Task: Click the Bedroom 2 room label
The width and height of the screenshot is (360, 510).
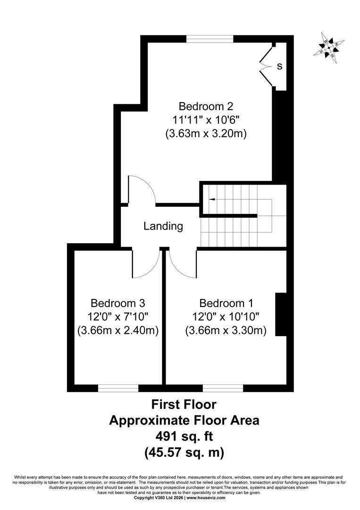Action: tap(206, 106)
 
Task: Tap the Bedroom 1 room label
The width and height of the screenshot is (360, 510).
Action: tap(226, 303)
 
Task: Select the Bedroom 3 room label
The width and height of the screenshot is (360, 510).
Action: tap(117, 303)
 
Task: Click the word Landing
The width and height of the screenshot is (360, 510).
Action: tap(163, 226)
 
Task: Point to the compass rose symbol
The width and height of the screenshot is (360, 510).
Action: tap(329, 48)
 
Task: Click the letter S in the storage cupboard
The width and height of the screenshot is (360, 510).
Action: tap(279, 67)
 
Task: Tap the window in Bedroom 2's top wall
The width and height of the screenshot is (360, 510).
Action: tap(210, 39)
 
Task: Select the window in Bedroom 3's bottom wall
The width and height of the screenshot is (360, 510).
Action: tap(118, 388)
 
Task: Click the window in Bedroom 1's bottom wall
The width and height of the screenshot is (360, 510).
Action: tap(223, 388)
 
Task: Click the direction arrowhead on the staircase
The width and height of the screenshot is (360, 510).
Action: tap(212, 199)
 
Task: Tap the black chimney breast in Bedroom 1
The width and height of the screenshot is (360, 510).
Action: tap(281, 314)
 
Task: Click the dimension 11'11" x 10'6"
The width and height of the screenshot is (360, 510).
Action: tap(206, 120)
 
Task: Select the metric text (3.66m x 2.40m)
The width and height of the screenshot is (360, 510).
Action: tap(118, 331)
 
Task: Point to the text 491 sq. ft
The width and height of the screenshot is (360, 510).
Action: tap(184, 436)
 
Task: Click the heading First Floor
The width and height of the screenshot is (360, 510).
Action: tap(184, 405)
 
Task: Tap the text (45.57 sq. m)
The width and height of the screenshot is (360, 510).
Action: tap(184, 452)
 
